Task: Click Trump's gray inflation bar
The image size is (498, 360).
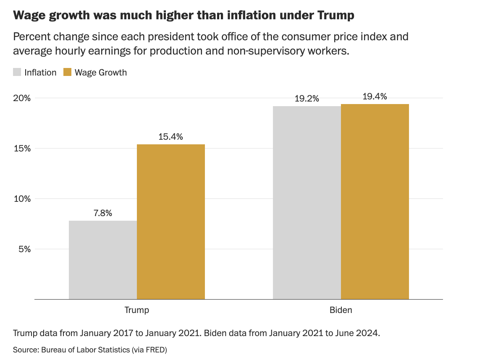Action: [x=103, y=260]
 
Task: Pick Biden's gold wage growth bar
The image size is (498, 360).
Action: [x=375, y=201]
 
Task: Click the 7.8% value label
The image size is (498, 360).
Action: [x=103, y=213]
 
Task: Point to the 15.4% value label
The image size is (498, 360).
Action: [x=171, y=137]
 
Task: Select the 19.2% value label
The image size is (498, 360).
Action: [x=307, y=99]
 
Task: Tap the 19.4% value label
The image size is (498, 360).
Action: [x=375, y=97]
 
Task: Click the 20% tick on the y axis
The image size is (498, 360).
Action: [x=22, y=98]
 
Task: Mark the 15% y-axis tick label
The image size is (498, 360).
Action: [x=22, y=149]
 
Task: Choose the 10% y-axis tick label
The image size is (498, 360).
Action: [x=22, y=199]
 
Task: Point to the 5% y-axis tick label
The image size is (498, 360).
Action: [x=24, y=249]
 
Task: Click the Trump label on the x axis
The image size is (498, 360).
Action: [x=137, y=310]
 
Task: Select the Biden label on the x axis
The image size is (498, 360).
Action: [x=341, y=310]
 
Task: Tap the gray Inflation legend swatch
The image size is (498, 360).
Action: [x=17, y=72]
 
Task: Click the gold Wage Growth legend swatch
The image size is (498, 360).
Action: [x=67, y=72]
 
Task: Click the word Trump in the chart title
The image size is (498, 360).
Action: [x=334, y=16]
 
